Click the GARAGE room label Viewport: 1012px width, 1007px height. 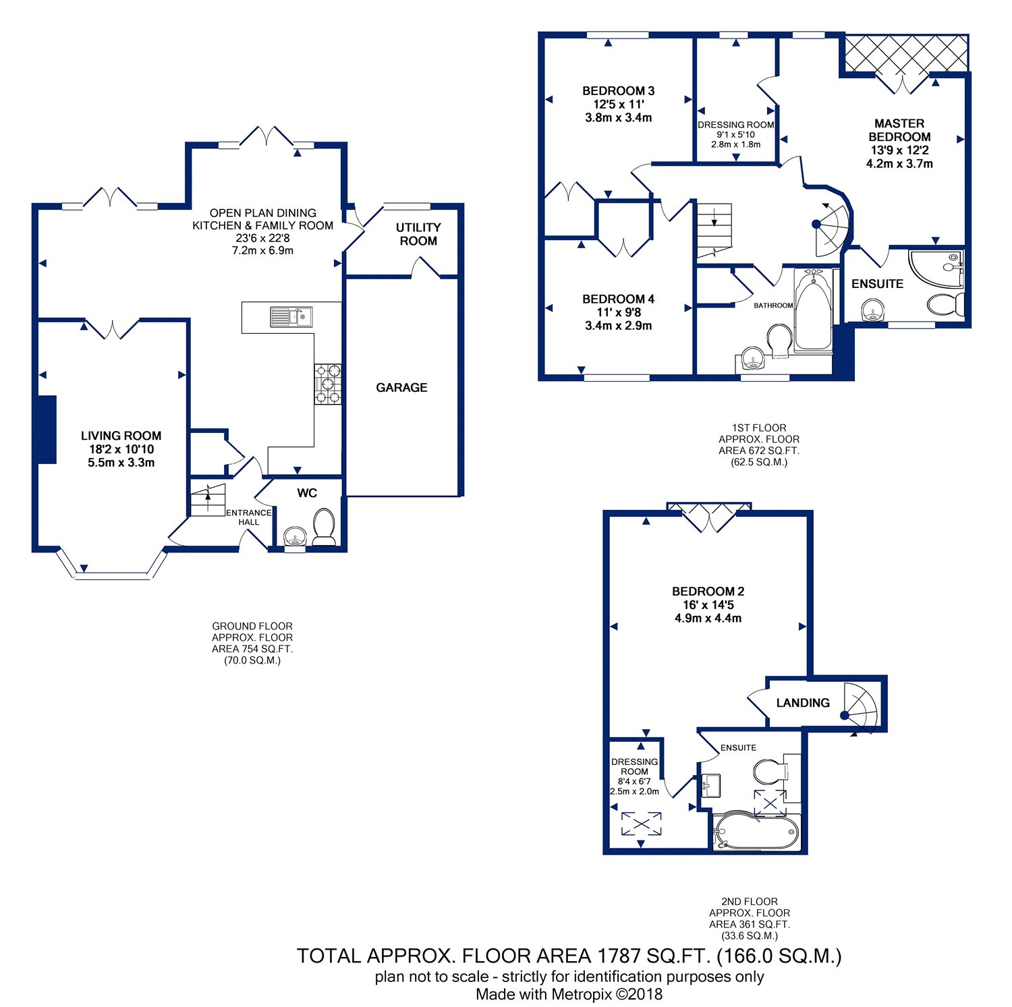point(401,387)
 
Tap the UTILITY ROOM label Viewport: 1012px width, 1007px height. point(418,234)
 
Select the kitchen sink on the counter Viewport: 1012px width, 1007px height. point(291,316)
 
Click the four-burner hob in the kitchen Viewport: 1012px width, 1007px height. point(328,384)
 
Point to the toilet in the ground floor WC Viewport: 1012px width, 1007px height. point(325,526)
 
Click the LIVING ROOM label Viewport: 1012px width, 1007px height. point(121,436)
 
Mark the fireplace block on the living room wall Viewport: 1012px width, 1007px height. point(47,430)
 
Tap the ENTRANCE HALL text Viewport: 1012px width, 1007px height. point(248,517)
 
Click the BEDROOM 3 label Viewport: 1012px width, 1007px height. point(618,91)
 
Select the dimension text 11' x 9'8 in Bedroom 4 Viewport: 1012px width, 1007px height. point(618,312)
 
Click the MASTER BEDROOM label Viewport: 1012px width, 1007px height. point(899,130)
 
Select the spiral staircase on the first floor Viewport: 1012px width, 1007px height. point(831,229)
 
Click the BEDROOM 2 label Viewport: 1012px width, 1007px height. point(708,592)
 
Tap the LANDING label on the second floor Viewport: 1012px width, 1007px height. point(803,703)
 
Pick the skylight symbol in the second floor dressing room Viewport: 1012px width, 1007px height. point(641,824)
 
